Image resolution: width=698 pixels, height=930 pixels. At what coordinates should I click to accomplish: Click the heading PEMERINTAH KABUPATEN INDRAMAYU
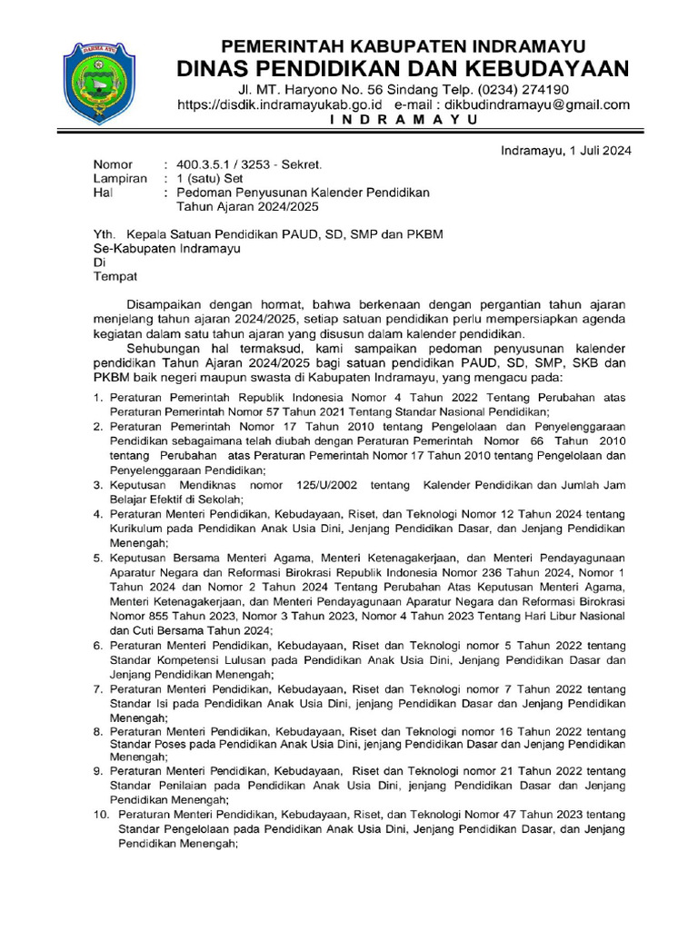point(404,46)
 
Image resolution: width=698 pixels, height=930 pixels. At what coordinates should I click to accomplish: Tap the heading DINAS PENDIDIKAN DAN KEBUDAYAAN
point(404,69)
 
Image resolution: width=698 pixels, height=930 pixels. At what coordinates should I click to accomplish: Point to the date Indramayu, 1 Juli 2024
point(566,151)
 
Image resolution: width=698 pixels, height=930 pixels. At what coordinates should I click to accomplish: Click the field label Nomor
point(113,165)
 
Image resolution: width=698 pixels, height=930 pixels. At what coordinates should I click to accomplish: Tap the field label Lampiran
point(120,179)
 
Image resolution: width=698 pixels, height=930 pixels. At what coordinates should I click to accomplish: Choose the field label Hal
point(103,193)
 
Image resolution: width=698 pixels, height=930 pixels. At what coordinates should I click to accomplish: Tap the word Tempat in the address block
point(115,276)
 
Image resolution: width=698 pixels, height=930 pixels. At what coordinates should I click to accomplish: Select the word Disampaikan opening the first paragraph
point(172,304)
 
